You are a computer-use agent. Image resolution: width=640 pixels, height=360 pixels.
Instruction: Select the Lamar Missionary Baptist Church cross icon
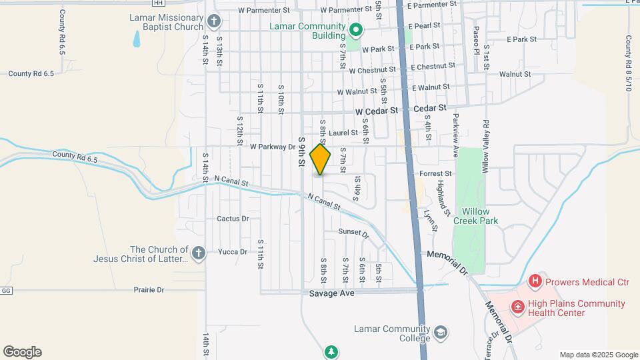[214, 21]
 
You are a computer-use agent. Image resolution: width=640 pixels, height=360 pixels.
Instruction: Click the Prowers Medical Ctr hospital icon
[535, 282]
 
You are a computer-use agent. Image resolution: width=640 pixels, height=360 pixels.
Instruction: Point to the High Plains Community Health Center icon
[517, 307]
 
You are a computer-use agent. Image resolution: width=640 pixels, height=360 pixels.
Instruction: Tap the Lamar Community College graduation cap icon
[441, 332]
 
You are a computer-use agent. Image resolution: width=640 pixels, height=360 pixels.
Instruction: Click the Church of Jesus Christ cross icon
[198, 253]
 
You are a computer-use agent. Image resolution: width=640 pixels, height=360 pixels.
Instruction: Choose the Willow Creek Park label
[475, 215]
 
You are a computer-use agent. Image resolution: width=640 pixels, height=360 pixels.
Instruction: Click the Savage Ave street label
[331, 293]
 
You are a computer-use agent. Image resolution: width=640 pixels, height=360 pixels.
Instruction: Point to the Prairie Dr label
[149, 290]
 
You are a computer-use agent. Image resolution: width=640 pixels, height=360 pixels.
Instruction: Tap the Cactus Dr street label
[233, 218]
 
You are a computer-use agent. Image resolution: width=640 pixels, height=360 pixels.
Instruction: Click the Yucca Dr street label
[233, 252]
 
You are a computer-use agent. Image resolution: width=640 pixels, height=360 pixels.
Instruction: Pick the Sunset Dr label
[353, 233]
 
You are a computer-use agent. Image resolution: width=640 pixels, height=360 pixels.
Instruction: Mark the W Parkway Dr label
[273, 147]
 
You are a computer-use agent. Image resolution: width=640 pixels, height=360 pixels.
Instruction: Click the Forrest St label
[436, 173]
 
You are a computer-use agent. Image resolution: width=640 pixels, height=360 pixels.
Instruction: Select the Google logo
[22, 352]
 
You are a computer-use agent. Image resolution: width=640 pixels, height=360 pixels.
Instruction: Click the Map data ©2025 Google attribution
[599, 355]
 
